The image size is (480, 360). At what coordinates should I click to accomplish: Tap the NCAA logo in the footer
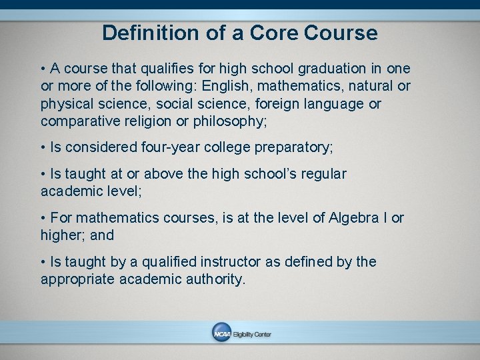[221, 334]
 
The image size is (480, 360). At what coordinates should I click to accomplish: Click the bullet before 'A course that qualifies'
[43, 69]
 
